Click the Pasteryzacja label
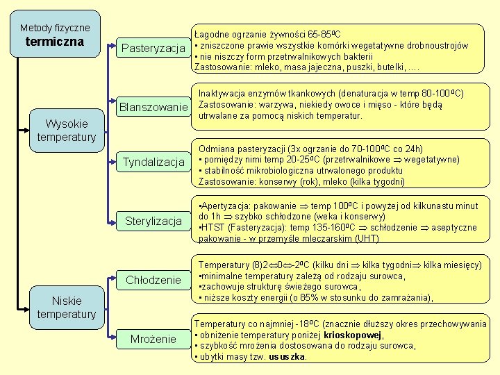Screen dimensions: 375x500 [x=153, y=48]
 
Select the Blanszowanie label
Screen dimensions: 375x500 [x=153, y=108]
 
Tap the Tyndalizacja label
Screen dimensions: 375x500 [x=153, y=162]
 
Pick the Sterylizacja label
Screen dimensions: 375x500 [x=153, y=222]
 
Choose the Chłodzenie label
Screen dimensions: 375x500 [x=153, y=280]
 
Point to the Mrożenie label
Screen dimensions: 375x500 [x=153, y=339]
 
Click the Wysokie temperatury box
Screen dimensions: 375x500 [x=67, y=131]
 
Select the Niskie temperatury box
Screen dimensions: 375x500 [x=67, y=307]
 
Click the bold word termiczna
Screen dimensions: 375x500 [x=55, y=42]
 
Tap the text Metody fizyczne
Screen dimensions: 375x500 [x=55, y=28]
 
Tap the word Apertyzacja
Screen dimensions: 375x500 [x=225, y=206]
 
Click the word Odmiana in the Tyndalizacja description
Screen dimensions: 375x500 [x=217, y=149]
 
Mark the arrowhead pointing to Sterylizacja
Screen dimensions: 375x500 [x=115, y=222]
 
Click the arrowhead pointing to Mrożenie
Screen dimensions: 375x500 [x=115, y=339]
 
